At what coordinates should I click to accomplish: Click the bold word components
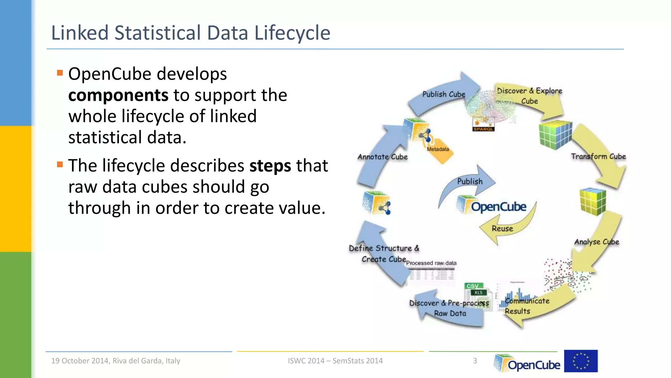[x=118, y=95]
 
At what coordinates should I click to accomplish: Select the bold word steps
[x=270, y=166]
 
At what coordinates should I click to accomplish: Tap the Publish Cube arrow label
[x=443, y=94]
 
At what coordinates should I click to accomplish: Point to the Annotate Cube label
[x=382, y=157]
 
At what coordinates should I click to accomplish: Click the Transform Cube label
[x=598, y=157]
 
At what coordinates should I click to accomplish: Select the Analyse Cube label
[x=596, y=242]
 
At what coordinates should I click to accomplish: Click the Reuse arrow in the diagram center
[x=502, y=228]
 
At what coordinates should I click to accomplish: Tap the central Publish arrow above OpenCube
[x=470, y=181]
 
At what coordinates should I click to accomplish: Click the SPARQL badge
[x=483, y=129]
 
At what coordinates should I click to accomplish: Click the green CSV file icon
[x=473, y=286]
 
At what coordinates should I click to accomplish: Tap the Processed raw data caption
[x=431, y=263]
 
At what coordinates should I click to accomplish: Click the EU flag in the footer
[x=581, y=361]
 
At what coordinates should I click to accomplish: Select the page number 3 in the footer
[x=475, y=361]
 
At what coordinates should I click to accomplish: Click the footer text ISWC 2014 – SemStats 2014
[x=335, y=361]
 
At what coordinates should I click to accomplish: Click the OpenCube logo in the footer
[x=527, y=363]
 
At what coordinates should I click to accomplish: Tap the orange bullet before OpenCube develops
[x=60, y=73]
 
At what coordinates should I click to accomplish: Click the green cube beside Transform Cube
[x=555, y=135]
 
